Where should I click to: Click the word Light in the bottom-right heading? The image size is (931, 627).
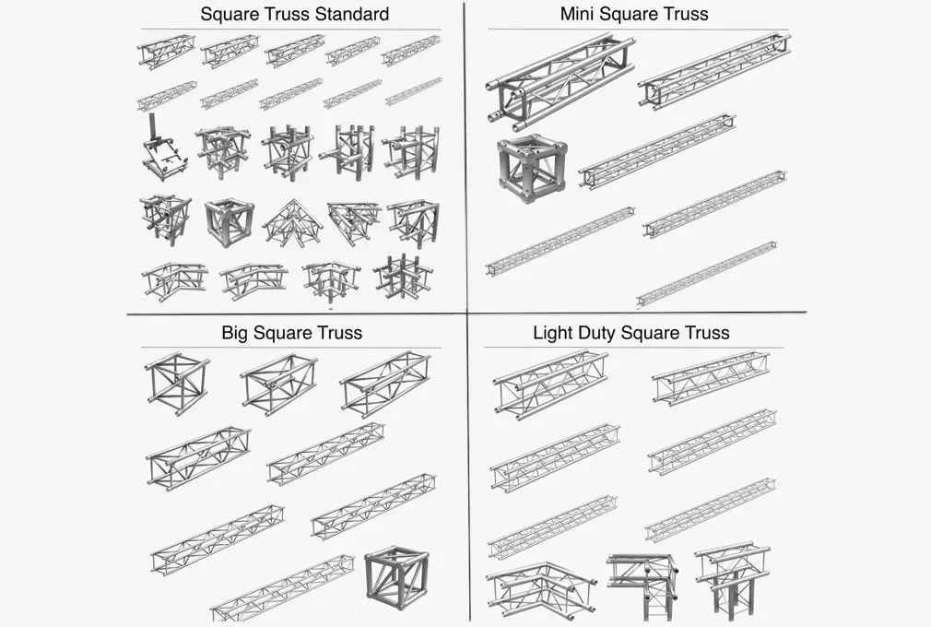pos(553,332)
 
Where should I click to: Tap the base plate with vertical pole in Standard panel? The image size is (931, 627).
pos(164,151)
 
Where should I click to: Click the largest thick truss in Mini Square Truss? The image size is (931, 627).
pos(560,81)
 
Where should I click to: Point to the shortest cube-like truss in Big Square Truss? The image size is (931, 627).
pos(177,382)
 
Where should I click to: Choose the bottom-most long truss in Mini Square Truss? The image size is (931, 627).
pos(706,275)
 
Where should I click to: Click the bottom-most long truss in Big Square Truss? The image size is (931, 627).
pos(282,586)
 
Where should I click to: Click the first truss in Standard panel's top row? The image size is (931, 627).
pos(167,51)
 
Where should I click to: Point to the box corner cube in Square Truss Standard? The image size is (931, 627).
pos(229,222)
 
